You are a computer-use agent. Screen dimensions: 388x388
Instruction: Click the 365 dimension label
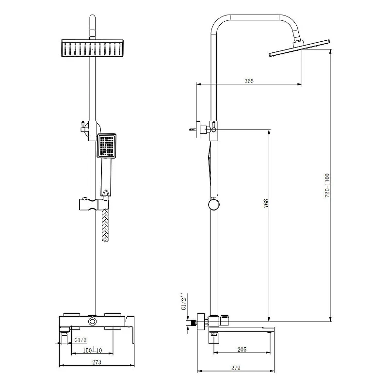[249, 81]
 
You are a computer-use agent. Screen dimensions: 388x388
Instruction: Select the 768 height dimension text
[266, 203]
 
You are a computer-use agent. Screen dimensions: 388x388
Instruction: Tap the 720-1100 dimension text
[327, 186]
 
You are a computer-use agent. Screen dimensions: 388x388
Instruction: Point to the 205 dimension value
[242, 349]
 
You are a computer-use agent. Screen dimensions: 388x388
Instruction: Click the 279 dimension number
[236, 368]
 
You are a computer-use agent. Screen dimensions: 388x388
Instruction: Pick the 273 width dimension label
[97, 362]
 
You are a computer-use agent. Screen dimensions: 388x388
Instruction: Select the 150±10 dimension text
[92, 350]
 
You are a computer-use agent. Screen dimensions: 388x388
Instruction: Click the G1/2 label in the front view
[81, 340]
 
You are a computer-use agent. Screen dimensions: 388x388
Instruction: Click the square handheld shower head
[107, 146]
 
